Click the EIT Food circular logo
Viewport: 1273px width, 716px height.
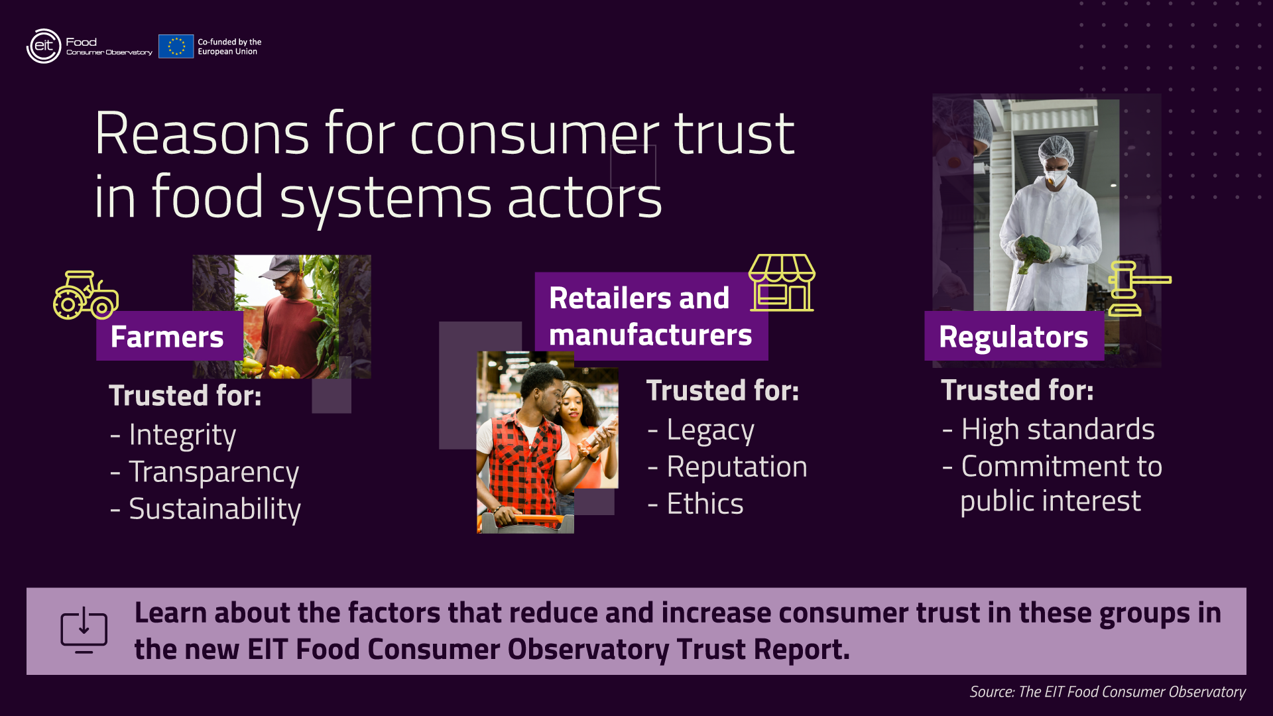click(44, 46)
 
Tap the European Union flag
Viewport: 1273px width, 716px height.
click(176, 46)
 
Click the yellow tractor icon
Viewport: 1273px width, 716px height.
click(86, 295)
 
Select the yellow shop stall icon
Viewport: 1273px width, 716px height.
click(782, 282)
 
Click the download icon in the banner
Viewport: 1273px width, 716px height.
click(84, 630)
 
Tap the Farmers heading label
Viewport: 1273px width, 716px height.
click(167, 337)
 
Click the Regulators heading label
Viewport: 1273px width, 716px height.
click(1014, 337)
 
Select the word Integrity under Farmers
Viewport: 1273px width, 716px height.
click(182, 435)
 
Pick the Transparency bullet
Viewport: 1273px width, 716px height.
click(213, 472)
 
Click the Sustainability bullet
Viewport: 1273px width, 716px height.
click(215, 509)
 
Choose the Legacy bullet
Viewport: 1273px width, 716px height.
click(710, 430)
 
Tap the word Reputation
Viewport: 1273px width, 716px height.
click(737, 467)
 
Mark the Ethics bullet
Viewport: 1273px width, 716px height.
click(705, 504)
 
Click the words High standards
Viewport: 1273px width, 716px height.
click(1058, 430)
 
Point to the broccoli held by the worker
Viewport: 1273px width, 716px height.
click(1034, 251)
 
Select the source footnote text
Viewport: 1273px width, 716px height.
click(1107, 692)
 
